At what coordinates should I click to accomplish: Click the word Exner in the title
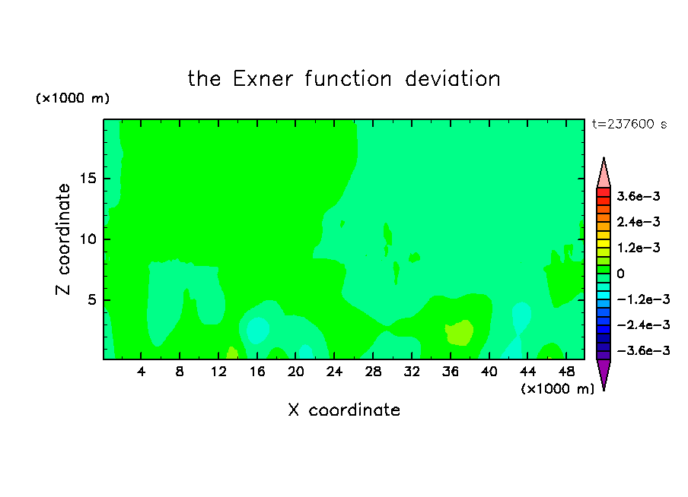click(263, 79)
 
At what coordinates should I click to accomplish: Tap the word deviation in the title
click(452, 79)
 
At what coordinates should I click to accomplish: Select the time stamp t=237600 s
click(629, 124)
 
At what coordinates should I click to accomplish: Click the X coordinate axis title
click(344, 410)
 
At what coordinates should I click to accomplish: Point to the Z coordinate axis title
click(63, 239)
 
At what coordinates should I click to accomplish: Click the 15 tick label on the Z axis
click(88, 179)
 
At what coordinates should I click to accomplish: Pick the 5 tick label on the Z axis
click(91, 299)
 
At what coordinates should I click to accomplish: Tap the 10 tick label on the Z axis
click(88, 239)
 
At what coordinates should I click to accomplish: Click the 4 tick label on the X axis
click(141, 372)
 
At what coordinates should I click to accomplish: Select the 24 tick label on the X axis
click(334, 372)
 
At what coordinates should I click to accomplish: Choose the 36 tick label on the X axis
click(451, 372)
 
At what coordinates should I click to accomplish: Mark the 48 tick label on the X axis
click(566, 372)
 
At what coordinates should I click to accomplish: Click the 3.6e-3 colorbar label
click(638, 196)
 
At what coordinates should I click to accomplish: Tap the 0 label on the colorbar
click(620, 274)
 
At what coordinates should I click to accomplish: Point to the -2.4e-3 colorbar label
click(643, 324)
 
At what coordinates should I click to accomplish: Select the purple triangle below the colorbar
click(604, 372)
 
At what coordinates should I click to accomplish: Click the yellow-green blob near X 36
click(460, 333)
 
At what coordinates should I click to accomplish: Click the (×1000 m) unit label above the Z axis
click(72, 98)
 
